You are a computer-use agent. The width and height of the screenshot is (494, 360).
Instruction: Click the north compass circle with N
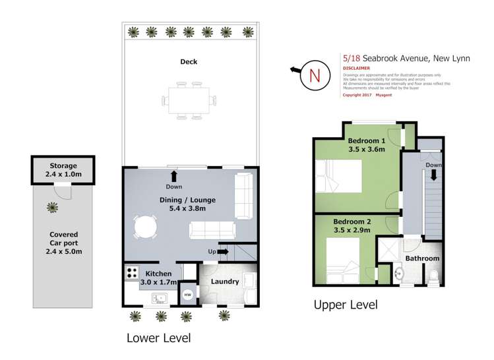pyautogui.click(x=315, y=75)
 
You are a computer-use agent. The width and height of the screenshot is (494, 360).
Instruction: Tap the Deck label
pyautogui.click(x=189, y=62)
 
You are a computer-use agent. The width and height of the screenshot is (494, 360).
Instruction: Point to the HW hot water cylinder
pyautogui.click(x=187, y=295)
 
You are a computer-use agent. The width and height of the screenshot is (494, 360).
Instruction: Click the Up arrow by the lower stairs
pyautogui.click(x=222, y=251)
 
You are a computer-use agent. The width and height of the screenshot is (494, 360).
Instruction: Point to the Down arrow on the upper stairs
pyautogui.click(x=435, y=174)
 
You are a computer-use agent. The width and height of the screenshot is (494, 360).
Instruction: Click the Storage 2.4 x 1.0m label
pyautogui.click(x=63, y=170)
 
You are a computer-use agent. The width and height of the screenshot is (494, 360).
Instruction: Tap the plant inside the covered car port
pyautogui.click(x=52, y=208)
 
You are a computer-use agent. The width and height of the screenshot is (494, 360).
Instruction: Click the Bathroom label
pyautogui.click(x=422, y=258)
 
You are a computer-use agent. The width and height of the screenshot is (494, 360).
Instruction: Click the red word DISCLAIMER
pyautogui.click(x=356, y=68)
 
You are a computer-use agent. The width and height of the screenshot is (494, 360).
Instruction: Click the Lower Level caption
pyautogui.click(x=158, y=338)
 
